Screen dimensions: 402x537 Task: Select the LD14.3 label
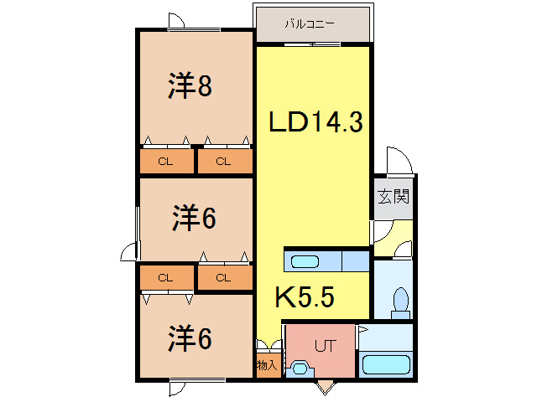(x=315, y=122)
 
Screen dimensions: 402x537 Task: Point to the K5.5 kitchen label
(x=305, y=296)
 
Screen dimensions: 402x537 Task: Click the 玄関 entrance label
(x=392, y=198)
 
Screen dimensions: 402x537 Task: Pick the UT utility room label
(x=325, y=344)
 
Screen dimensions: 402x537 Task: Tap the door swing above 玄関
(x=395, y=162)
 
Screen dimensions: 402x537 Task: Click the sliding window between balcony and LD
(x=311, y=44)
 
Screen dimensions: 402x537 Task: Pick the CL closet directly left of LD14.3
(x=223, y=162)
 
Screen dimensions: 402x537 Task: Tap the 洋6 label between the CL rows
(x=195, y=219)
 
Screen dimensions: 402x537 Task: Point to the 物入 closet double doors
(x=267, y=346)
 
